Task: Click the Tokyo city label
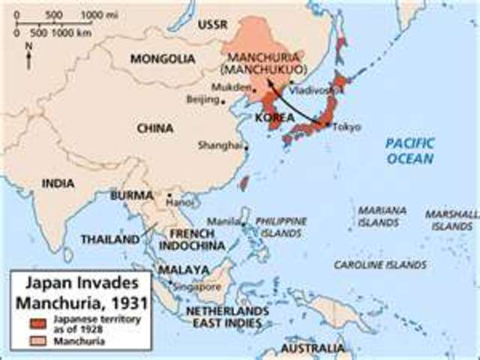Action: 346,127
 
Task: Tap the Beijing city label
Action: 202,99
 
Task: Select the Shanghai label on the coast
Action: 221,145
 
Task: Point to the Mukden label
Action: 226,86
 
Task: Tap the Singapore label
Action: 198,286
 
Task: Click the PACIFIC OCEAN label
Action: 409,151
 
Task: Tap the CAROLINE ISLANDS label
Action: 380,265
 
